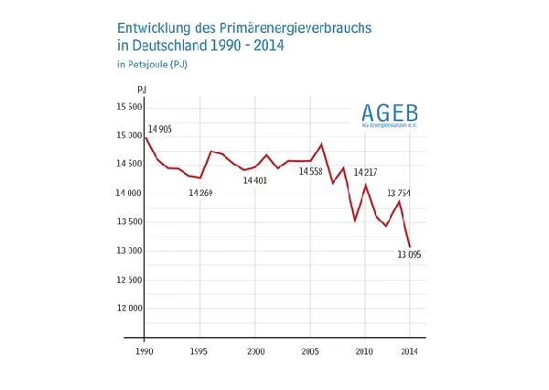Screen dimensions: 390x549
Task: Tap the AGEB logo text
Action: [x=389, y=113]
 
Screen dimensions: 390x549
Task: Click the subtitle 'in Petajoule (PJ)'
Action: [x=152, y=64]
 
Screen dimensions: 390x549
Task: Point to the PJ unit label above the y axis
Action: [x=142, y=89]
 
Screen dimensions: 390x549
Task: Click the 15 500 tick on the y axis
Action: [x=129, y=107]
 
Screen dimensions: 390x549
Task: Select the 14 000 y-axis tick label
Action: [x=129, y=193]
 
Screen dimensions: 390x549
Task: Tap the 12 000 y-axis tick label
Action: [x=129, y=308]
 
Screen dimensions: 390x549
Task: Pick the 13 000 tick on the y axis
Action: [x=129, y=251]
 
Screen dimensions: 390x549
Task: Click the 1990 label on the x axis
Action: [x=145, y=351]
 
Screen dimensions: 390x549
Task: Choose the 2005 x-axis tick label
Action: [x=310, y=351]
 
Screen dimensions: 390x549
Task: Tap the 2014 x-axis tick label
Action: [x=410, y=351]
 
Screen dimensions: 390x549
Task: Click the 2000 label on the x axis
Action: [x=255, y=351]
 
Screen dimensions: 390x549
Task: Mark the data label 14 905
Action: [x=159, y=128]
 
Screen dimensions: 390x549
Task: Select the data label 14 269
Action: [x=200, y=193]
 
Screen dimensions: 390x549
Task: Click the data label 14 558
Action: [x=310, y=171]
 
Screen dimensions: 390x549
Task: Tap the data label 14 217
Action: [x=365, y=173]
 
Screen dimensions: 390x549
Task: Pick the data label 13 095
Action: [x=408, y=255]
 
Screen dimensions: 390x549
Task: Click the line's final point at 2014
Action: [x=410, y=246]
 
